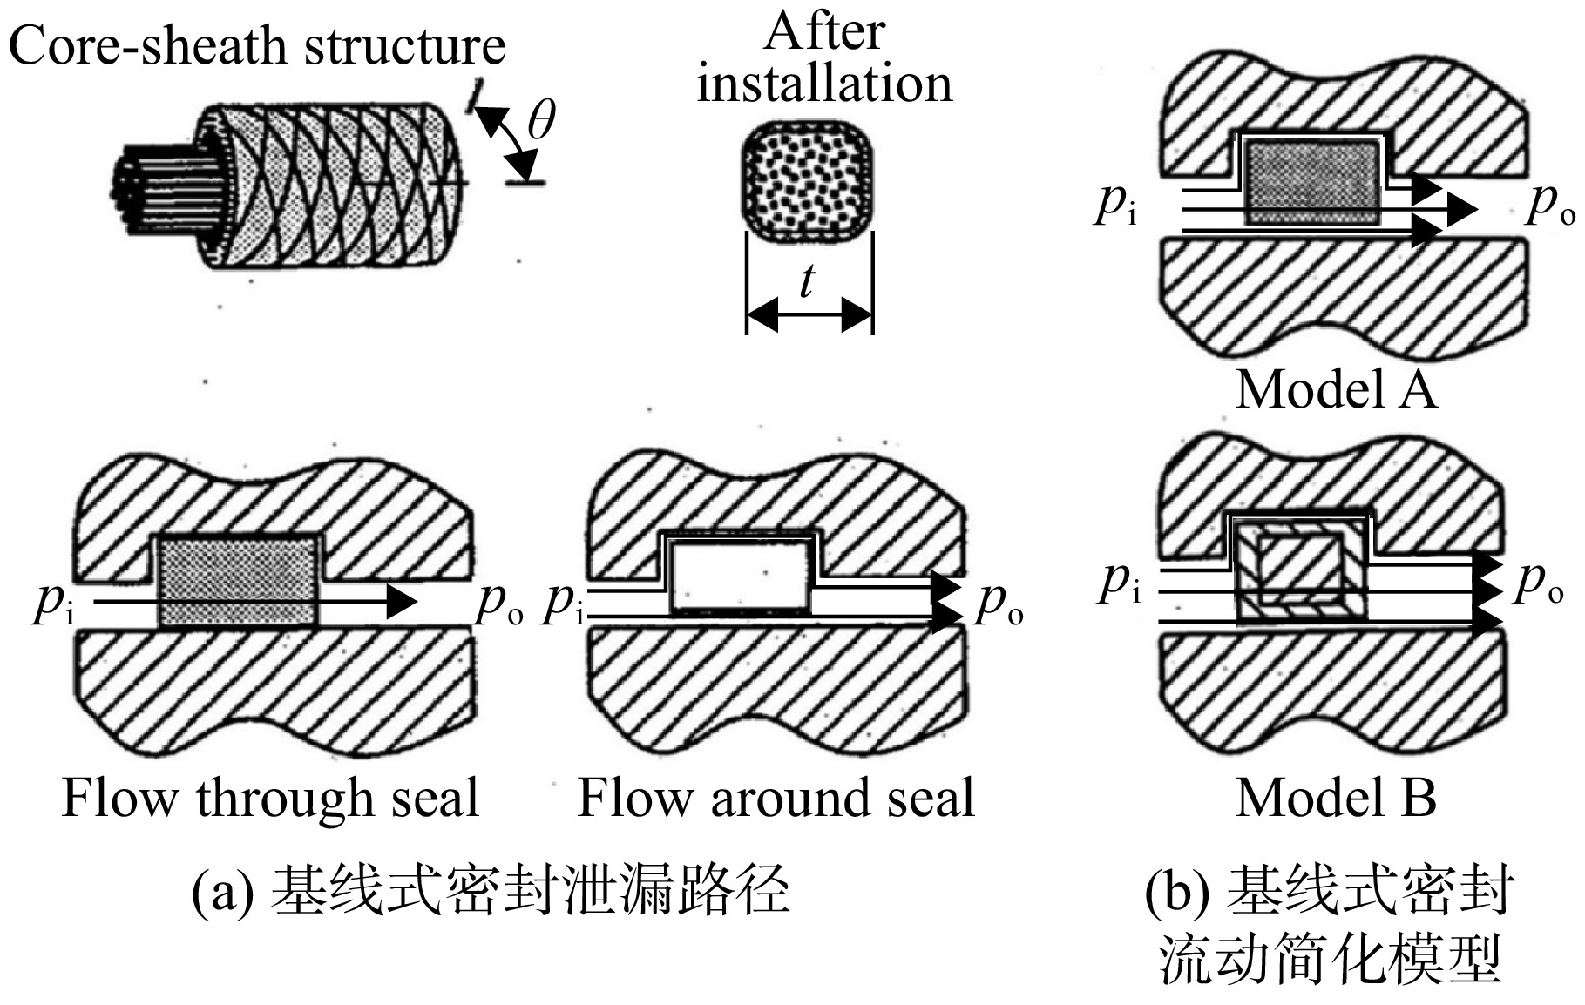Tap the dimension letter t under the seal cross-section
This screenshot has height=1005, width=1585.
(808, 281)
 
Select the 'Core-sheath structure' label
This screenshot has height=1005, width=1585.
(257, 45)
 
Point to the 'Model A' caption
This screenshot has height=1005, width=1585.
(1336, 388)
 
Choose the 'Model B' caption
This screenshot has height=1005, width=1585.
(1336, 797)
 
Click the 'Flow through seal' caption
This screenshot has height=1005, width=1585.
(271, 798)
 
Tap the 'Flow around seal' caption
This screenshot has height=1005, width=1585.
(776, 798)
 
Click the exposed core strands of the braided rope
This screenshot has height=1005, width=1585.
(161, 185)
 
